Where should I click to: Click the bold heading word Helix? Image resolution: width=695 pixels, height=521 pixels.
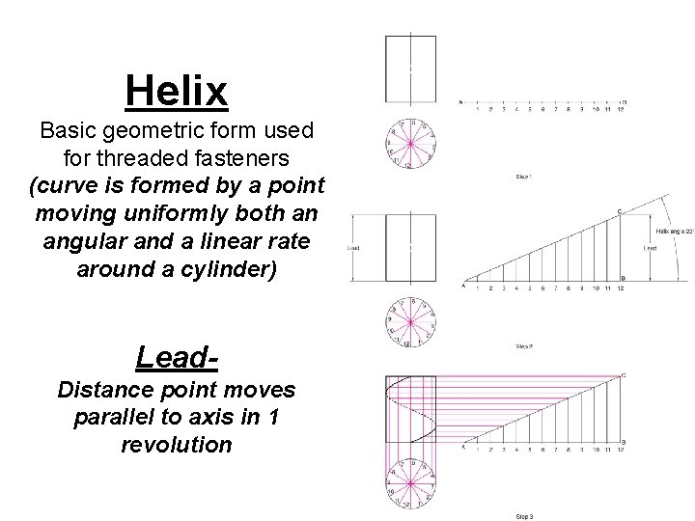pos(177,92)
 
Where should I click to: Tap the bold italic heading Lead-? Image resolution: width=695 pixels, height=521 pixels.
pos(178,356)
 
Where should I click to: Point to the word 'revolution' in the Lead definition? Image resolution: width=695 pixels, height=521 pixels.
pos(177,445)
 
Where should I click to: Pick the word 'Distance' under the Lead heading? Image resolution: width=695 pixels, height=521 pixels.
pos(102,390)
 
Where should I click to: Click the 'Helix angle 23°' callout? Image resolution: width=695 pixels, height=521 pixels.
pos(675,231)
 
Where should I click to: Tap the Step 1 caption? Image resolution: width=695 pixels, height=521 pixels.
pos(524,177)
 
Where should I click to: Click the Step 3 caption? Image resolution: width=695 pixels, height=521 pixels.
pos(524,516)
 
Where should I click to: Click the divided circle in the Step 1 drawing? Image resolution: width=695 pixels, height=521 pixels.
pos(410,143)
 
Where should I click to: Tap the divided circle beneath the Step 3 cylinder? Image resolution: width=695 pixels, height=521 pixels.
pos(410,486)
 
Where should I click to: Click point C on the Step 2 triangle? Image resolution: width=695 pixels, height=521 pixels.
pos(619,211)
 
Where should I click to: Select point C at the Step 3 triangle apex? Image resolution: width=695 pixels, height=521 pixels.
pos(624,375)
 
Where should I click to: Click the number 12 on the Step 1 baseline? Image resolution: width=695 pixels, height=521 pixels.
pos(621,110)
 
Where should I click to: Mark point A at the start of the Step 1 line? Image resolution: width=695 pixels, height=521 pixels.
pos(460,101)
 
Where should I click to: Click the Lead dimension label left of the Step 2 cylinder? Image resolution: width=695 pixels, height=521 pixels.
pos(353,248)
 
